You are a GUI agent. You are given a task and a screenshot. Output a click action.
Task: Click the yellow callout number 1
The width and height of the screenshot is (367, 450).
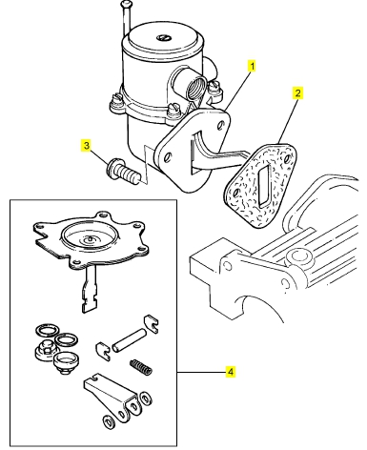[x=252, y=67]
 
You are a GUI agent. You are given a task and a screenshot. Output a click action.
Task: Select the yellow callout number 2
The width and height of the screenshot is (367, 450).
[x=297, y=93]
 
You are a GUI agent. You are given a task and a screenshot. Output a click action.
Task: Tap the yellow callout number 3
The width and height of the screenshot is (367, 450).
[x=87, y=146]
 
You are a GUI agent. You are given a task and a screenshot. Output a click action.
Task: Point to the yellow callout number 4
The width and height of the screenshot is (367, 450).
[x=231, y=372]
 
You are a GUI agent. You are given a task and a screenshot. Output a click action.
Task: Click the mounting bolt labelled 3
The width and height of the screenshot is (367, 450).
[x=122, y=170]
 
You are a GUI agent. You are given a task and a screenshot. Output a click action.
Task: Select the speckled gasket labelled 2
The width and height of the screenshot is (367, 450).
[x=260, y=186]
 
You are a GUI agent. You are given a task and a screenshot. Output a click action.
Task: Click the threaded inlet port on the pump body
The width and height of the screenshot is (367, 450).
[x=194, y=85]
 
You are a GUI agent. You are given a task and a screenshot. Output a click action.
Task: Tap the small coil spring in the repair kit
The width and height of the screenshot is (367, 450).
[x=141, y=367]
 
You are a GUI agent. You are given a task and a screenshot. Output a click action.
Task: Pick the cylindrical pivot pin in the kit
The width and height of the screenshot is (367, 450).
[x=129, y=340]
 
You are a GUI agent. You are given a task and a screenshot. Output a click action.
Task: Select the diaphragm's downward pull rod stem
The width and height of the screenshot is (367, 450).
[x=90, y=289]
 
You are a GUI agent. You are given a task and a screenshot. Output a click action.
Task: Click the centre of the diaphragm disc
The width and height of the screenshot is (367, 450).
[x=90, y=237]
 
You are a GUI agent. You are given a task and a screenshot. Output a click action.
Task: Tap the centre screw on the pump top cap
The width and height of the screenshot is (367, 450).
[x=163, y=37]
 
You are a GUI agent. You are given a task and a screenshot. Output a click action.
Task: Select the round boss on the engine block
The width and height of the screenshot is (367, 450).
[x=298, y=256]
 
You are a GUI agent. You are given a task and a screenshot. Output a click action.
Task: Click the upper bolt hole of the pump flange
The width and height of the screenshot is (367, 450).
[x=220, y=126]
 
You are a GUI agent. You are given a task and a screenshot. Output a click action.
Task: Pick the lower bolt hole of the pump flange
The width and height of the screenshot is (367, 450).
[x=168, y=157]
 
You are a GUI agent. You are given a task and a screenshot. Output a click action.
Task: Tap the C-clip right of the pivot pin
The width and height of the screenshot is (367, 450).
[x=152, y=324]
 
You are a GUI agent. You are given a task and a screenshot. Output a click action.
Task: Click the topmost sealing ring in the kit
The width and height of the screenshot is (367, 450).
[x=46, y=331]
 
